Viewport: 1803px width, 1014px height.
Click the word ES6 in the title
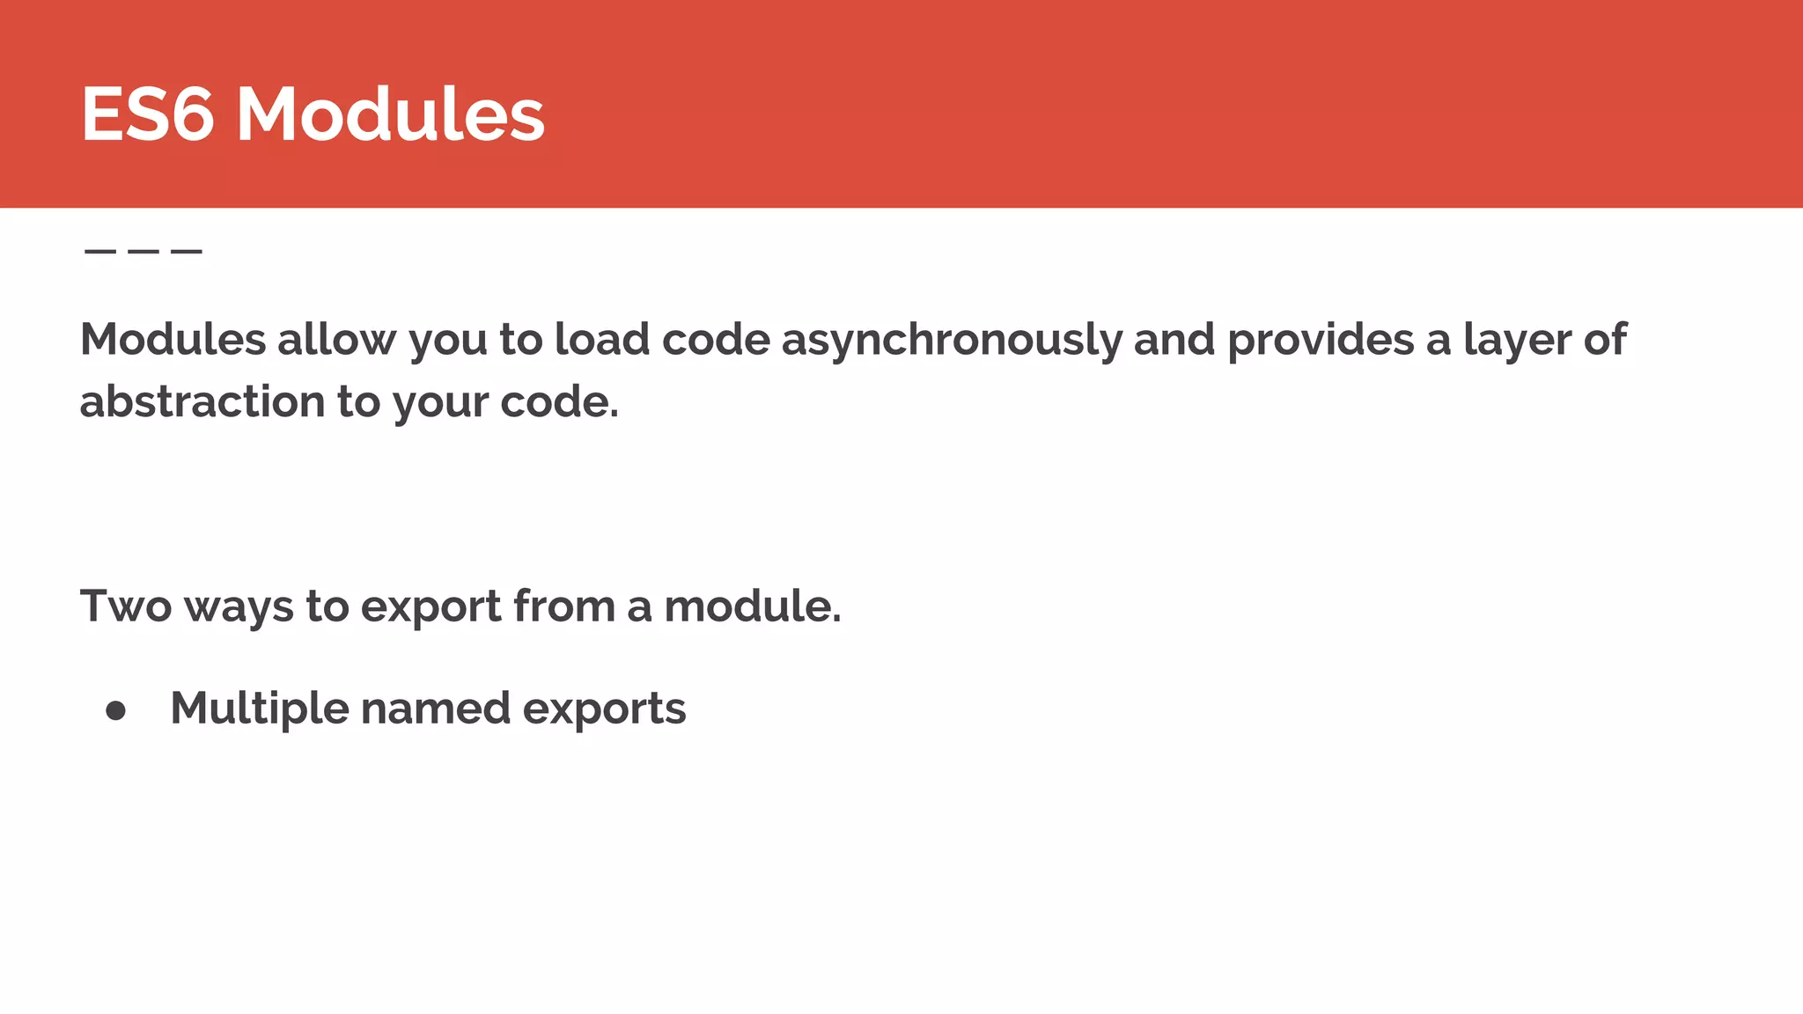click(x=147, y=114)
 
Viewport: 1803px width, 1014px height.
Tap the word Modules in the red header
click(x=391, y=114)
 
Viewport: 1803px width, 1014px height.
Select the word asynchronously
click(x=951, y=341)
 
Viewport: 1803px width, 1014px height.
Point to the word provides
click(x=1321, y=341)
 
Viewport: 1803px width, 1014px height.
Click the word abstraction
click(x=202, y=402)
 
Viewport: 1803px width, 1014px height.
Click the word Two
click(x=125, y=606)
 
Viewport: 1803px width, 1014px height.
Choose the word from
click(x=563, y=606)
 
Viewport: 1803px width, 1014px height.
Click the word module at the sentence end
click(x=751, y=606)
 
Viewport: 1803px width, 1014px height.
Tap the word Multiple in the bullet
click(x=259, y=709)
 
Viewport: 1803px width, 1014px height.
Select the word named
click(x=435, y=709)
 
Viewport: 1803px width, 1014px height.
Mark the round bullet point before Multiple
click(x=115, y=710)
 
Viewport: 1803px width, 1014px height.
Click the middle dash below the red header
click(x=144, y=252)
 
